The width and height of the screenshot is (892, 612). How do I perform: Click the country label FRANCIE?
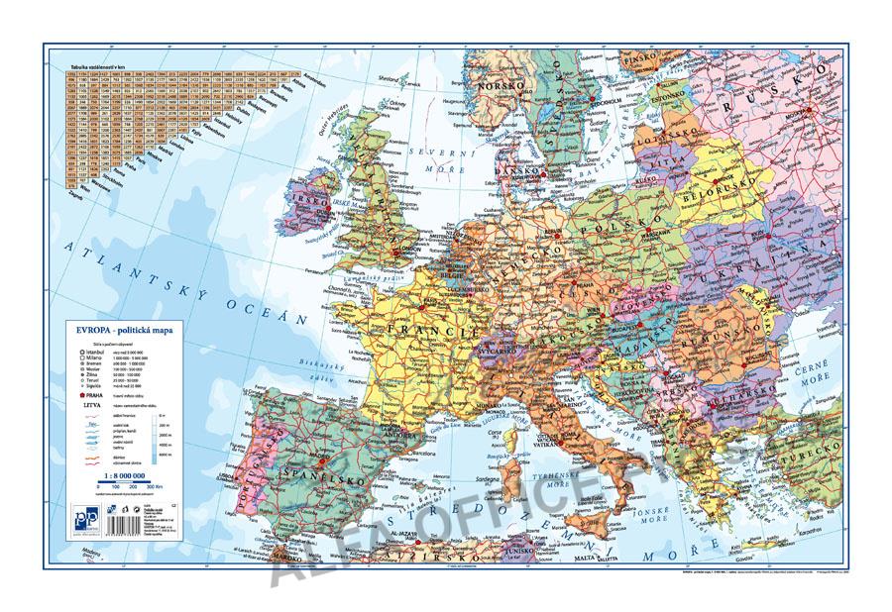[422, 326]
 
